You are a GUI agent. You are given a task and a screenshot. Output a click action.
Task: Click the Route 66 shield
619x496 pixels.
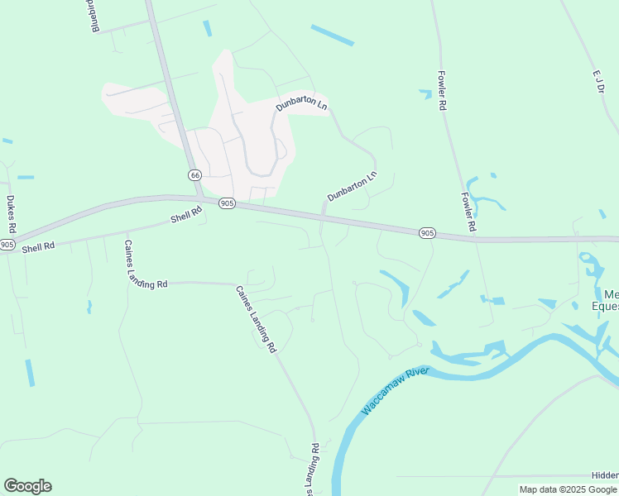click(x=194, y=175)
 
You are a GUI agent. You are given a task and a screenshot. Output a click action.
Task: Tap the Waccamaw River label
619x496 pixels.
click(x=395, y=389)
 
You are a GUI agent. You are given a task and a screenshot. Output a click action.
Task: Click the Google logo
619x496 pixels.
click(x=27, y=486)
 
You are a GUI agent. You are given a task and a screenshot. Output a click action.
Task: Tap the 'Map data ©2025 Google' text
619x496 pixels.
click(x=569, y=489)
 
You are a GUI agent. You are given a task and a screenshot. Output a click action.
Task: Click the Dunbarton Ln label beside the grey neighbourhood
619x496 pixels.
click(x=301, y=106)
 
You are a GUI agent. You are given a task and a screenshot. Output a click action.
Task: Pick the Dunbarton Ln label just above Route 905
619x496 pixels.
click(x=352, y=186)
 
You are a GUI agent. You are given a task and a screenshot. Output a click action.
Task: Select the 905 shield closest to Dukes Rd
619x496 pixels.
click(x=7, y=244)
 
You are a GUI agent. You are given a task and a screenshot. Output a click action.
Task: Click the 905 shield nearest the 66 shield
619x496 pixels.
click(x=227, y=203)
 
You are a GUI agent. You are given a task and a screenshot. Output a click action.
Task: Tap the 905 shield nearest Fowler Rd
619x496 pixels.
click(x=426, y=233)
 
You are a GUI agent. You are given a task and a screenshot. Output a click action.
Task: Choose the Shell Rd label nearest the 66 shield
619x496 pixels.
click(x=186, y=216)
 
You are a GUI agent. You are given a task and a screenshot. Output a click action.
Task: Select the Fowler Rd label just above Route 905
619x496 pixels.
click(x=468, y=212)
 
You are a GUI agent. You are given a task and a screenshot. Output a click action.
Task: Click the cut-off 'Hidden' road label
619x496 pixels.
click(x=604, y=475)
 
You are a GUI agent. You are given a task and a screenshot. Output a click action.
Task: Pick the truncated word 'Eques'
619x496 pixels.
click(x=606, y=307)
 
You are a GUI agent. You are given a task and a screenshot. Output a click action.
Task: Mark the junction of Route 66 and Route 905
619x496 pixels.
click(x=199, y=198)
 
